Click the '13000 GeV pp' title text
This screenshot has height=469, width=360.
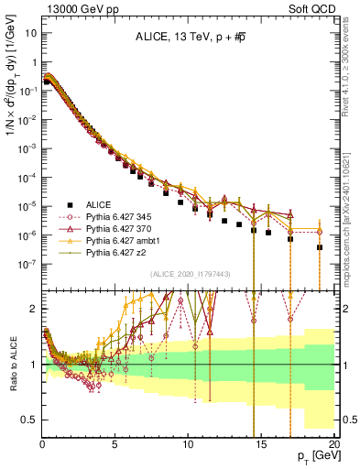(x=74, y=7)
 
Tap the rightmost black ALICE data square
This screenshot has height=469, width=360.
(x=320, y=247)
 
